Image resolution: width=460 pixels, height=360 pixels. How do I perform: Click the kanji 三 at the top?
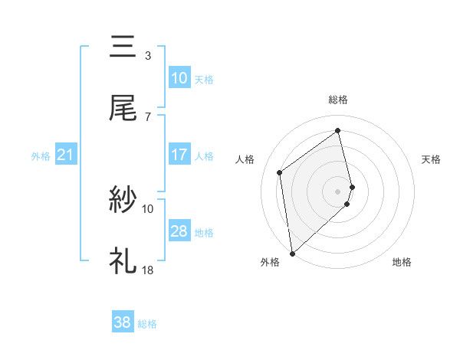123,47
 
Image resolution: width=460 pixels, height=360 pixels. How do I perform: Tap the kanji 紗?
123,200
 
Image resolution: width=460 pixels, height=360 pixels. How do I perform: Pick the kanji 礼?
123,260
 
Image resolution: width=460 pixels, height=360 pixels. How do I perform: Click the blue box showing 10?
179,78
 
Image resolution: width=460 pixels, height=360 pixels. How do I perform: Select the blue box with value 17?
179,155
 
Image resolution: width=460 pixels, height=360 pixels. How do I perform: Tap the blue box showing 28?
179,231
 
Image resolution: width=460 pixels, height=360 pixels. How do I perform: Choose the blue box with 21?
66,155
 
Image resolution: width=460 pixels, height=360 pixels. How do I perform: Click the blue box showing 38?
122,323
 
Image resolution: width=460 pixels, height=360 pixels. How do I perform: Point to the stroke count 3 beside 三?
147,55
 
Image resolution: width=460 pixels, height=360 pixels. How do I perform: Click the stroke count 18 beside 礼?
148,270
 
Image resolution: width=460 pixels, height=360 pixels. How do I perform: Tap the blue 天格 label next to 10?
204,79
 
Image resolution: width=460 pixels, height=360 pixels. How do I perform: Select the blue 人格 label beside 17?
204,155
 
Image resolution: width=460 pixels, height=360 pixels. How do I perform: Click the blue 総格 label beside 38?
147,324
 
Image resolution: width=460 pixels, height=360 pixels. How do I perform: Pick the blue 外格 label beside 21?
41,156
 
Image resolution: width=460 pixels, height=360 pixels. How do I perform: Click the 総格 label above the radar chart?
338,100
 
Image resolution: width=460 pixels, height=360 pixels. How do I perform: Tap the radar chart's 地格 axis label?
402,262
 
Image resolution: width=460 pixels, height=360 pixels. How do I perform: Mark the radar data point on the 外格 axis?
292,252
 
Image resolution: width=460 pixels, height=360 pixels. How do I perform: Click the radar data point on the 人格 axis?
280,172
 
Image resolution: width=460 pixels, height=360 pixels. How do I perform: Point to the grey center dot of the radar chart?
338,190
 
